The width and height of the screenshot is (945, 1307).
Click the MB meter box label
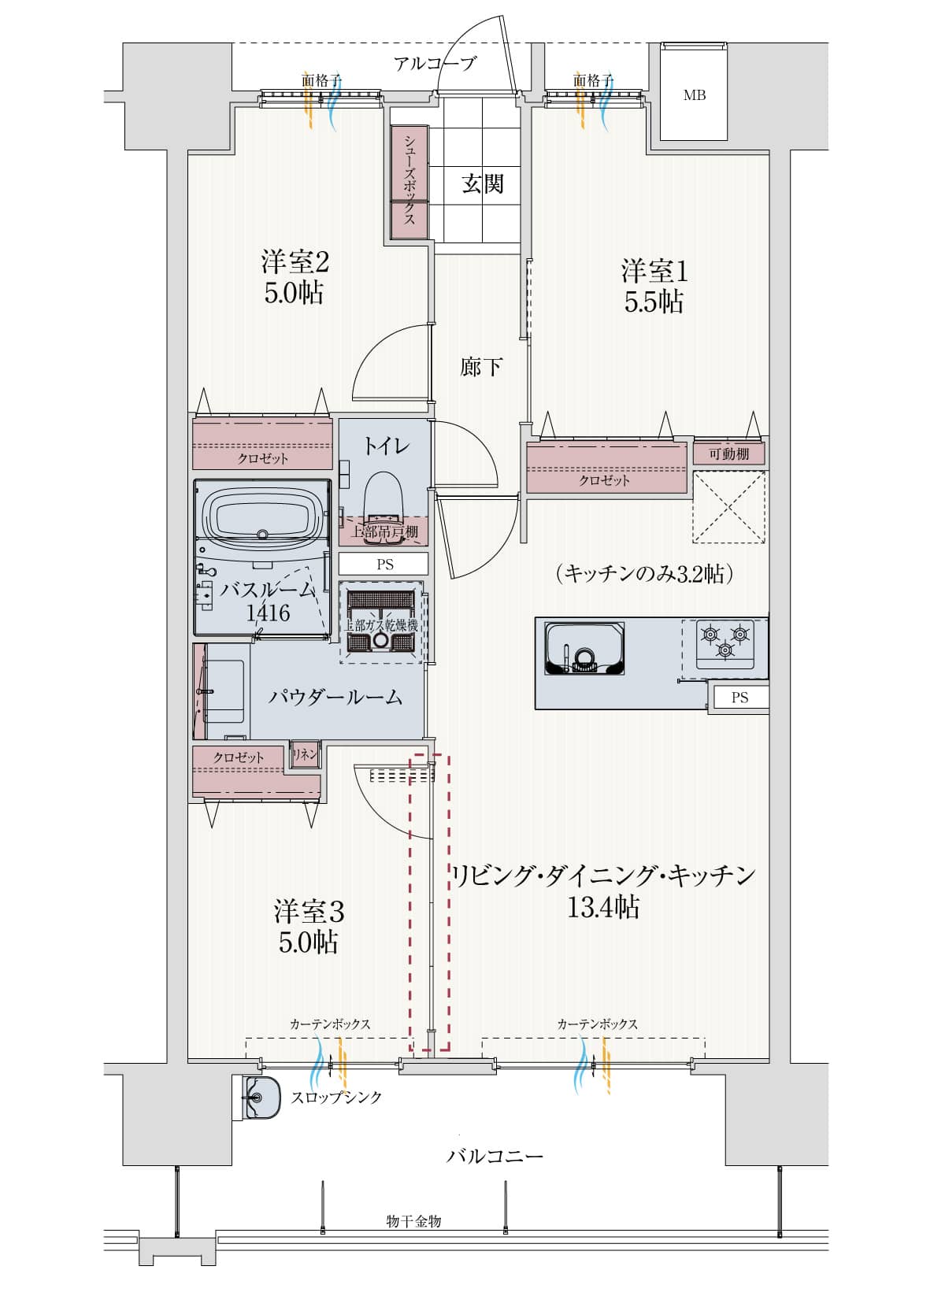point(694,95)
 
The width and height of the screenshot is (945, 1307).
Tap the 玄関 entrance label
point(482,184)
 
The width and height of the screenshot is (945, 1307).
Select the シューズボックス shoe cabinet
point(409,181)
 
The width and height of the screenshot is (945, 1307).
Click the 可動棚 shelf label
point(728,454)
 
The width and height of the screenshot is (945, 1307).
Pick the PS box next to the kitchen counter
point(739,698)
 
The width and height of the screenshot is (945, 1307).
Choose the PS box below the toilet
point(384,564)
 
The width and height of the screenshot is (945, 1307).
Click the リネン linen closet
point(305,754)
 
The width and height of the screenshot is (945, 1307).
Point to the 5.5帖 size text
point(654,302)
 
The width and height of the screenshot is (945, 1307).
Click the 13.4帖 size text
point(602,908)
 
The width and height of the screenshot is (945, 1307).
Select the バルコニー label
point(495,1156)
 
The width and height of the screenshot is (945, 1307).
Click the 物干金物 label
point(413,1221)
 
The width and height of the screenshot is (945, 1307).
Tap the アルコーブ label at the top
point(435,64)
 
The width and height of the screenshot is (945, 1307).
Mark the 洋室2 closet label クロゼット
point(263,457)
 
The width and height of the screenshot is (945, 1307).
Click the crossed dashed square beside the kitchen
point(728,507)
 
